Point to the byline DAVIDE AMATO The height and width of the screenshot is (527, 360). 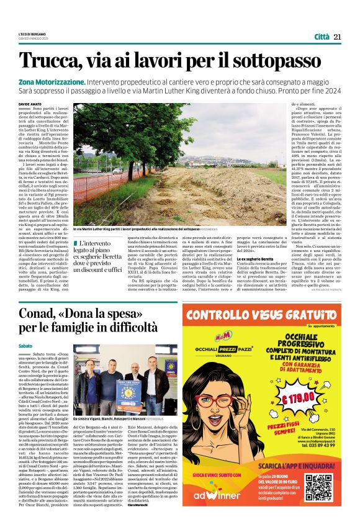coord(30,105)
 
